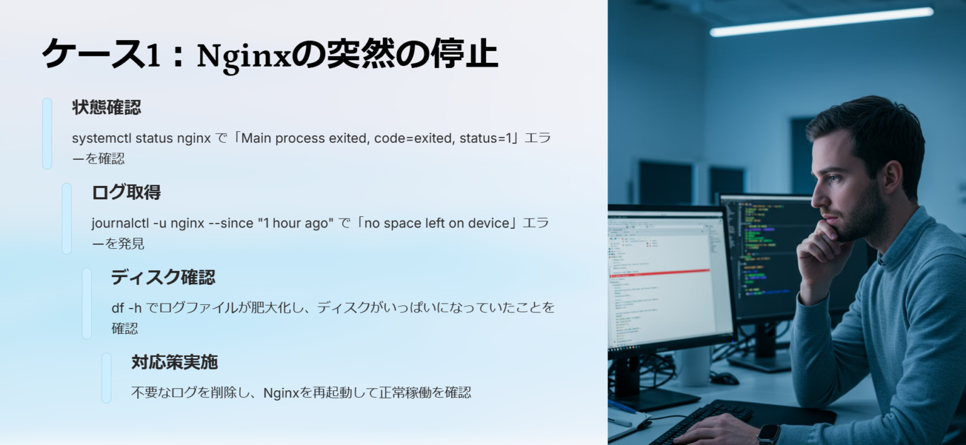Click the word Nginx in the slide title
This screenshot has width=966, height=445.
pyautogui.click(x=244, y=56)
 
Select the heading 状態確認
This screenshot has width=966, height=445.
pyautogui.click(x=106, y=107)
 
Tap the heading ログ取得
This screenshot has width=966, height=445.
pyautogui.click(x=126, y=192)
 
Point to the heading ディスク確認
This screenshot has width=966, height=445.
pyautogui.click(x=163, y=277)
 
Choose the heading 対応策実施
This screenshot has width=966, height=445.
pyautogui.click(x=174, y=362)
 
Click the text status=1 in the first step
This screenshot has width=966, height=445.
pyautogui.click(x=487, y=138)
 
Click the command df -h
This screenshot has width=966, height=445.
pyautogui.click(x=126, y=308)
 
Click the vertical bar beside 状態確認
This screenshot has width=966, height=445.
pyautogui.click(x=47, y=133)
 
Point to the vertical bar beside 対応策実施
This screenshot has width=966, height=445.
pyautogui.click(x=106, y=378)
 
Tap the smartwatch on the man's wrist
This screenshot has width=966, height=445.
pyautogui.click(x=769, y=434)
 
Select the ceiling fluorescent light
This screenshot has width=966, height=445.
pyautogui.click(x=821, y=21)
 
